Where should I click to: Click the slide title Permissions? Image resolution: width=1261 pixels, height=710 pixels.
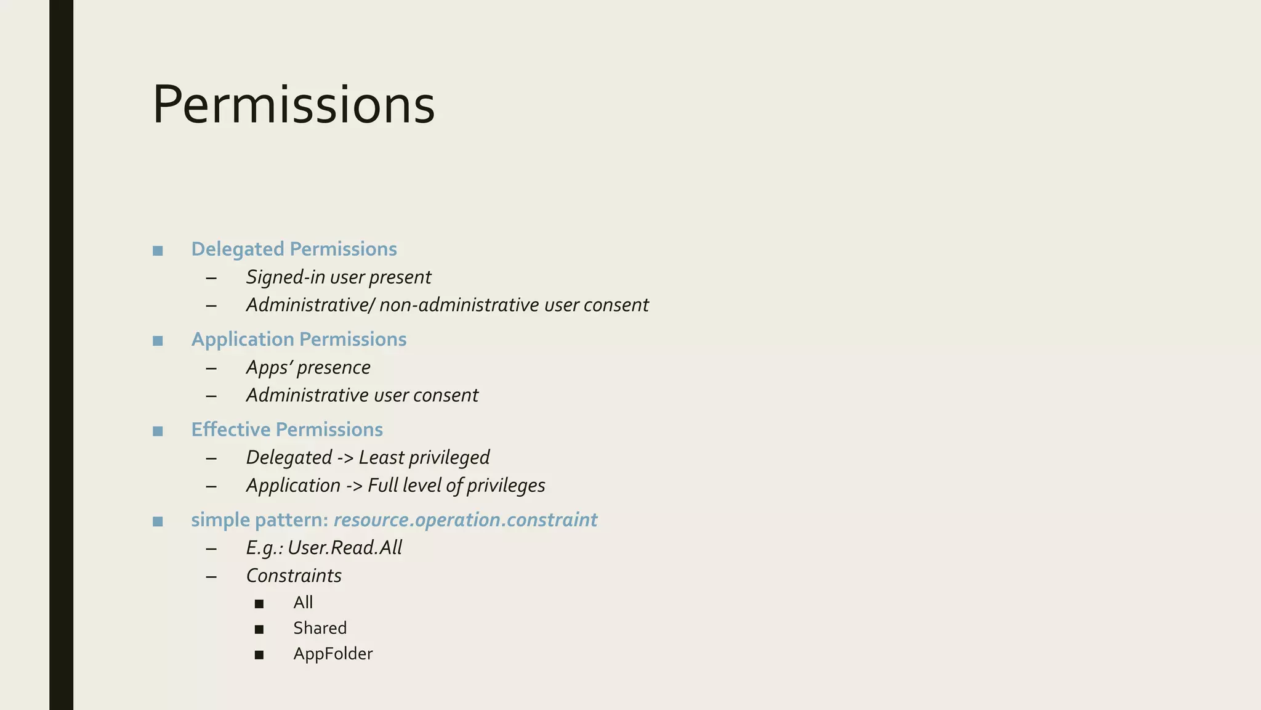(293, 105)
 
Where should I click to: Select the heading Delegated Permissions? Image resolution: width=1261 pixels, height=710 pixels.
(294, 249)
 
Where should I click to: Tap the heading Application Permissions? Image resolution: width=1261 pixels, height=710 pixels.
(299, 340)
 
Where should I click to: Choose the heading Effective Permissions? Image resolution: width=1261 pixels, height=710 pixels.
(287, 430)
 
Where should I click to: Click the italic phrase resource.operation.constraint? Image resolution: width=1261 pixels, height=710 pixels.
(465, 520)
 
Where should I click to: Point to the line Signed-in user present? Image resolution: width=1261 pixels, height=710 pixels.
(338, 277)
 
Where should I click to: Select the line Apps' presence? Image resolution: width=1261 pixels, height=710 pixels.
(308, 367)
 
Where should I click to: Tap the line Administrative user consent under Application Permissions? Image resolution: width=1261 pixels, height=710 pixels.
(362, 395)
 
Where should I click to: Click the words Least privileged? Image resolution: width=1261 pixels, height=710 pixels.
(424, 457)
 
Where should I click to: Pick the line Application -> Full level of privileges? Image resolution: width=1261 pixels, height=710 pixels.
(395, 486)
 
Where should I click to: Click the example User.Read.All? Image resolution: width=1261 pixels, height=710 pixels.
(345, 548)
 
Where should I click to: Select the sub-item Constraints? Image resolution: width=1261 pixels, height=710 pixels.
(294, 576)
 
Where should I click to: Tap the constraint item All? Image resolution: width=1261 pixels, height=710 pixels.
(303, 602)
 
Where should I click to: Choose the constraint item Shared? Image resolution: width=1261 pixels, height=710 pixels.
(320, 628)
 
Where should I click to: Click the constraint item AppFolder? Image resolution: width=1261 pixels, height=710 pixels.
(332, 654)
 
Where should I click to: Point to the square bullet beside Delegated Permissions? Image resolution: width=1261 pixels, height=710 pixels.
(158, 250)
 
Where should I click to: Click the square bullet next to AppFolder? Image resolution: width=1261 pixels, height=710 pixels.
(259, 655)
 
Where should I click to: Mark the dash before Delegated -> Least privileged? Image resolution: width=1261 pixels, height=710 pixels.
(211, 458)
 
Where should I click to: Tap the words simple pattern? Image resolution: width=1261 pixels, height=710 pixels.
(259, 520)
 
